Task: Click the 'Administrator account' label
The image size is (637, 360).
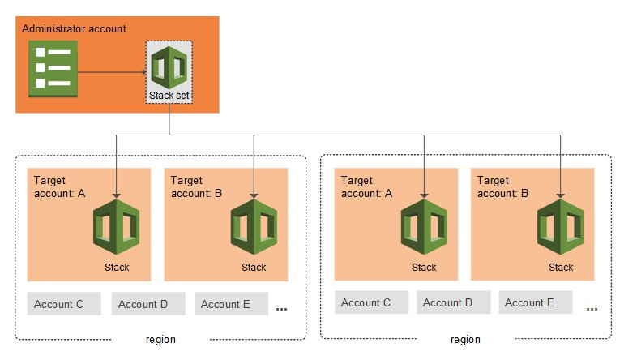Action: pyautogui.click(x=74, y=28)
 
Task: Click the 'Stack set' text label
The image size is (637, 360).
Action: pyautogui.click(x=169, y=96)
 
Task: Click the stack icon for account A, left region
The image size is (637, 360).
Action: pyautogui.click(x=117, y=229)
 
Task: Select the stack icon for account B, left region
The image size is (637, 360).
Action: pyautogui.click(x=254, y=229)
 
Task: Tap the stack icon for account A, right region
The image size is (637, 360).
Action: pyautogui.click(x=423, y=229)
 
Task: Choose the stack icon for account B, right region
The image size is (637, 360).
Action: pyautogui.click(x=560, y=229)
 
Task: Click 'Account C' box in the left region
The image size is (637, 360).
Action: pyautogui.click(x=64, y=304)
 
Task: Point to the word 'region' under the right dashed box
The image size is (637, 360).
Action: pyautogui.click(x=464, y=340)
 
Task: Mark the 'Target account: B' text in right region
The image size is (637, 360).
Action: pyautogui.click(x=503, y=187)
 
